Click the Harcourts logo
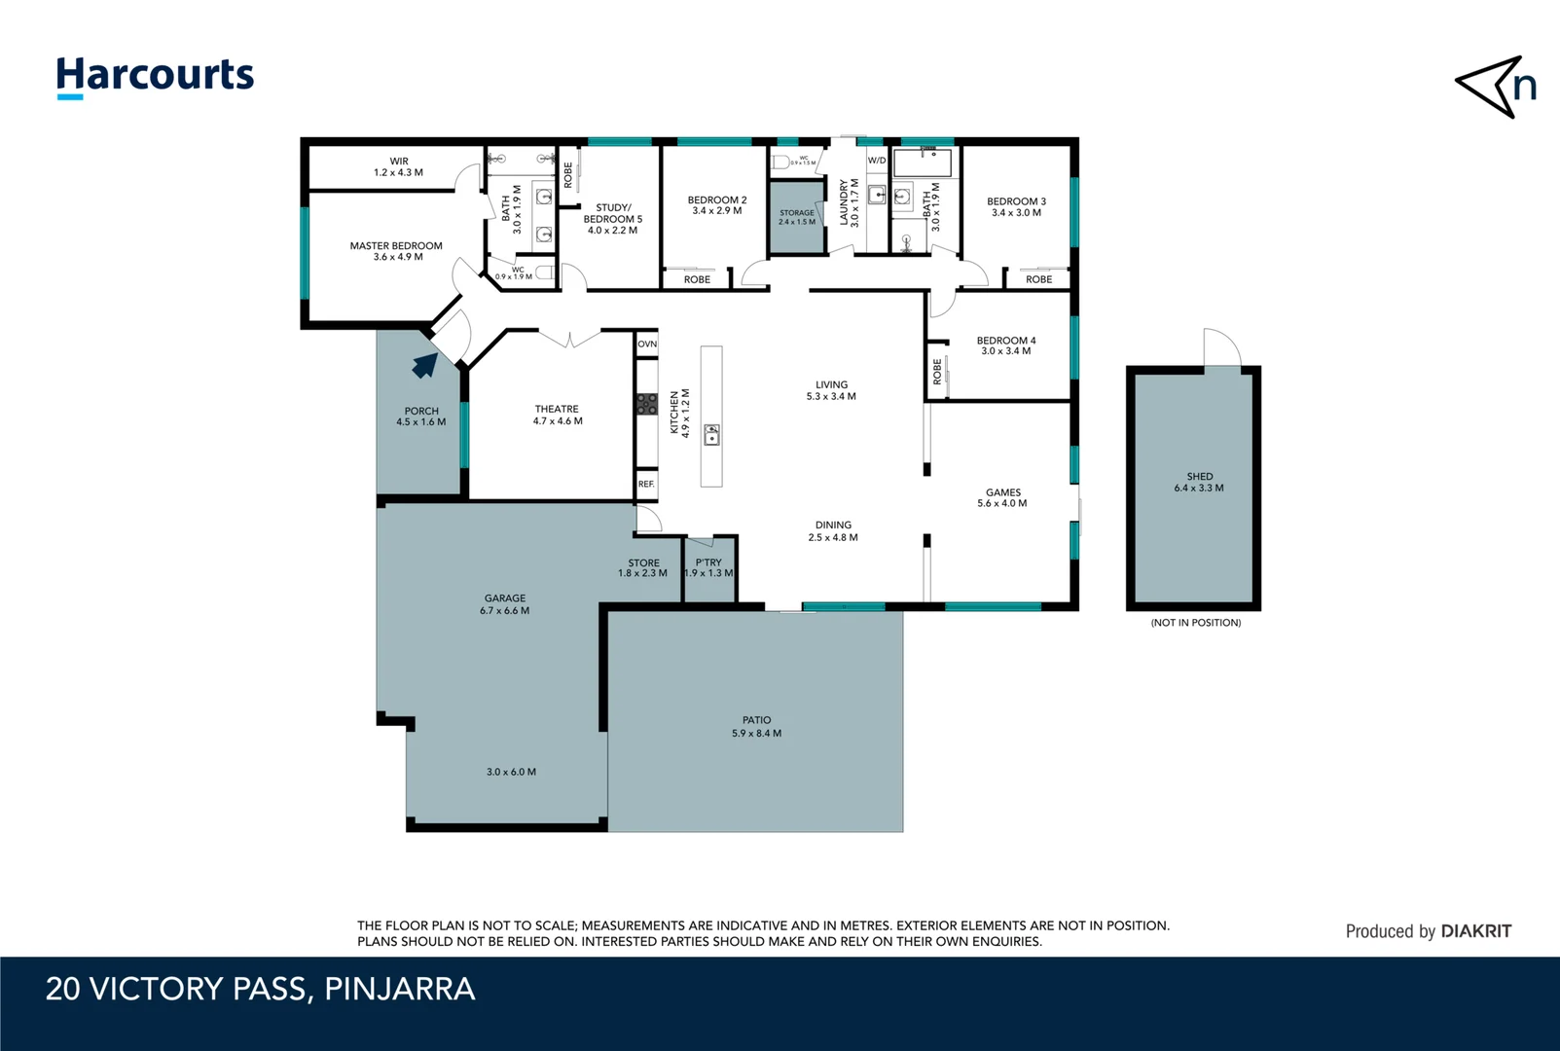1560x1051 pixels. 155,76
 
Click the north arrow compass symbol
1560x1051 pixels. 1495,87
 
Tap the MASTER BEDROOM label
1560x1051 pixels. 396,251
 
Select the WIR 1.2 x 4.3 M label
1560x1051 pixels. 399,167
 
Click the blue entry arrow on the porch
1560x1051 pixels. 424,365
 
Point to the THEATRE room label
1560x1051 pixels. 558,416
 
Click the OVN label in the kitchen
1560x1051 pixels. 647,344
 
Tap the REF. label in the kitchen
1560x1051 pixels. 646,484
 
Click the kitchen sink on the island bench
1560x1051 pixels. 711,435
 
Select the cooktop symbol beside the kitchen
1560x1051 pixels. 647,404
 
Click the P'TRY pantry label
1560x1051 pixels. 708,567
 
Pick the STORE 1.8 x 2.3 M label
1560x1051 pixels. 642,568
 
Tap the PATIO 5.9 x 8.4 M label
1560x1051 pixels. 756,727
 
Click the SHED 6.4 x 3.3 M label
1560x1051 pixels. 1199,483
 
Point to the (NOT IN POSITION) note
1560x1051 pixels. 1195,623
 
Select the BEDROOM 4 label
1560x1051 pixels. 1006,345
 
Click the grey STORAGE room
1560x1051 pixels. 797,218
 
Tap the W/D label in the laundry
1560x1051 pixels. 877,161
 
